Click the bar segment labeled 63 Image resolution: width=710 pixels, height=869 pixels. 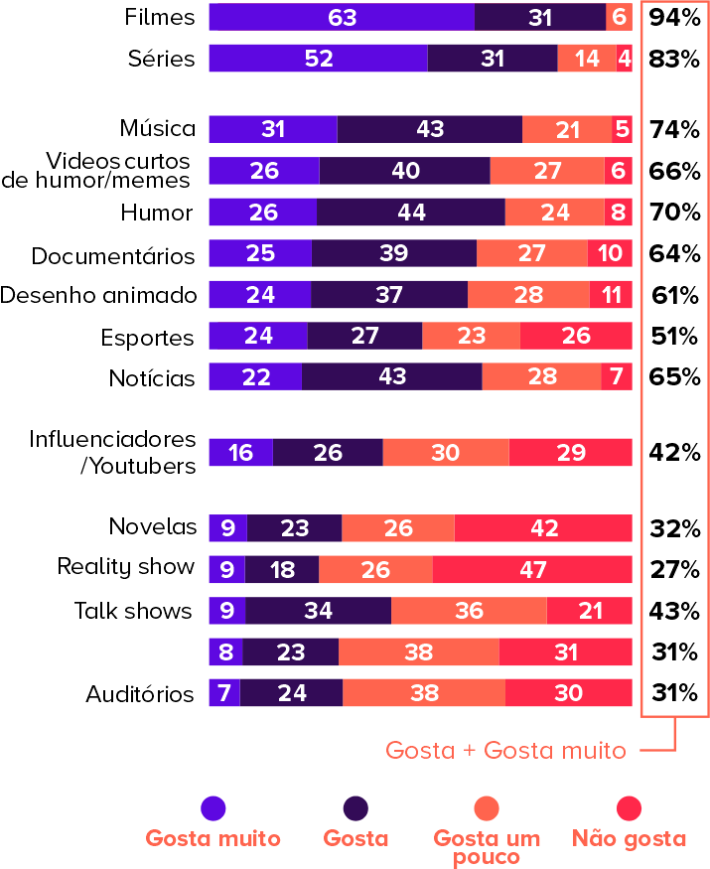coord(342,17)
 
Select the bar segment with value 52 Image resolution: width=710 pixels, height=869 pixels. coord(318,59)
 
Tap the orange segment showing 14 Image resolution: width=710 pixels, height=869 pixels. coord(587,59)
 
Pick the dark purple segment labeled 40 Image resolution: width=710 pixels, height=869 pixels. coord(405,171)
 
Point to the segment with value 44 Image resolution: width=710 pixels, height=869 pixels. coord(411,213)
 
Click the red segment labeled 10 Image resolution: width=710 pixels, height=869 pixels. coord(610,253)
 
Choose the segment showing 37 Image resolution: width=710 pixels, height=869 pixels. coord(389,295)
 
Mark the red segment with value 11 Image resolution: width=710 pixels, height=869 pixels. coord(611,295)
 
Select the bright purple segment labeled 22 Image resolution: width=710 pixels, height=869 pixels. coord(255,377)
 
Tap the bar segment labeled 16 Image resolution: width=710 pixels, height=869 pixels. coord(240,453)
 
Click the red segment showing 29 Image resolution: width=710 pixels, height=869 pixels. coord(571,453)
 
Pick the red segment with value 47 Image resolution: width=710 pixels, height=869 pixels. coord(532,570)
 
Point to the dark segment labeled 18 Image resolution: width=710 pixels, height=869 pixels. coord(283,570)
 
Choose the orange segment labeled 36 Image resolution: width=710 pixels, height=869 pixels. coord(469,611)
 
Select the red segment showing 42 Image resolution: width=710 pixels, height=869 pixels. coord(544,528)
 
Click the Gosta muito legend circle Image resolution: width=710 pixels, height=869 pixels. coord(213,808)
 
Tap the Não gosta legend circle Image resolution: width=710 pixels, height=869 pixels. coord(630,808)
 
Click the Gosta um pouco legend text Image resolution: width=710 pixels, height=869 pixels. coord(487,847)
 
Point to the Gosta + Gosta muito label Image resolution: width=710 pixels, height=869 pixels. coord(505,751)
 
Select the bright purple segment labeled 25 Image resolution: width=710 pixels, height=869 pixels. coord(260,253)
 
